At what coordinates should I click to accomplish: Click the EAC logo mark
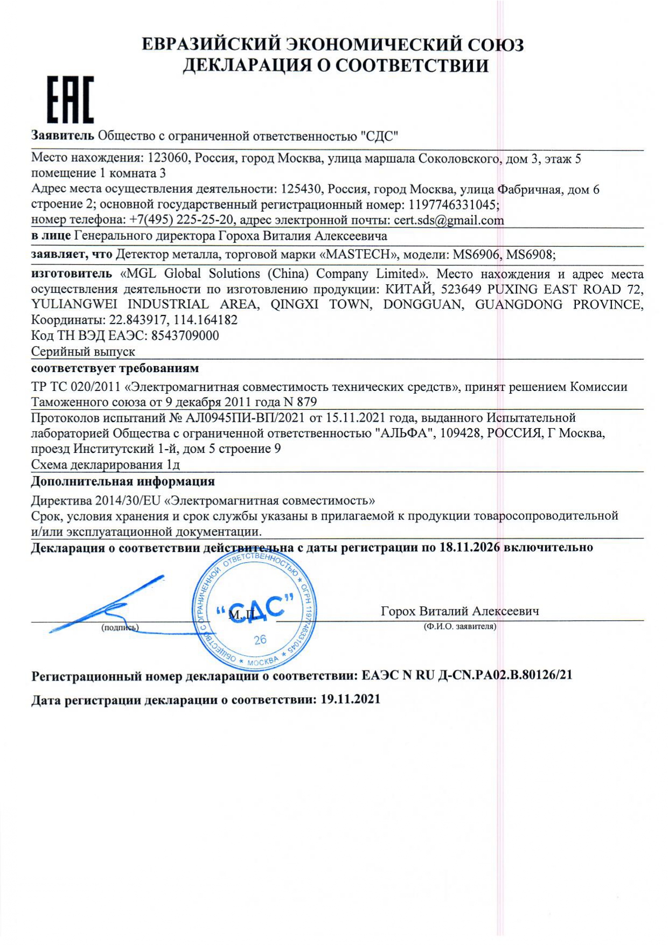point(71,99)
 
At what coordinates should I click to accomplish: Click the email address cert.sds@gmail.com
point(449,220)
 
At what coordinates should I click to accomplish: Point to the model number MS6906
point(475,254)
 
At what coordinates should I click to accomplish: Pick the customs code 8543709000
point(185,335)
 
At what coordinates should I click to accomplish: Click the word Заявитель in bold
point(62,135)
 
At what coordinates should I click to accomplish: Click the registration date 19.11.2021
point(350,699)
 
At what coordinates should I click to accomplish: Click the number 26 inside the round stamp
point(260,640)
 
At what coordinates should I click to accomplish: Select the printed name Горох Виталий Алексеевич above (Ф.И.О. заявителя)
point(460,611)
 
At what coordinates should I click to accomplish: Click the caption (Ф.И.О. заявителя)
point(460,626)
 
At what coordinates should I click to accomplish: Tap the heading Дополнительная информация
point(123,481)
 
